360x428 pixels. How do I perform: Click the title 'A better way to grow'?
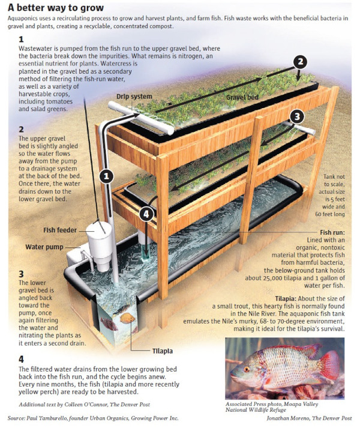click(x=56, y=8)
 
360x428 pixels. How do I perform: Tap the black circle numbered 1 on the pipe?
click(x=106, y=176)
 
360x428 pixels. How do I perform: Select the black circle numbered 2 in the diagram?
click(x=300, y=62)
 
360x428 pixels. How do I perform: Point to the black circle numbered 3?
click(x=297, y=116)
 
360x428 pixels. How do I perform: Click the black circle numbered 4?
click(x=146, y=214)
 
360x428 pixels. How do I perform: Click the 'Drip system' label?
click(x=134, y=97)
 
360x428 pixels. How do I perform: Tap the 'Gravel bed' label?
click(x=242, y=97)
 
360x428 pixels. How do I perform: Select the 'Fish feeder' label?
click(x=60, y=230)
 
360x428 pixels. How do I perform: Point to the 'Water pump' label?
click(x=44, y=247)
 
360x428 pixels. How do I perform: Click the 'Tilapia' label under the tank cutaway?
click(x=163, y=351)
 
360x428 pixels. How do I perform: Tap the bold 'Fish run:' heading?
click(x=332, y=232)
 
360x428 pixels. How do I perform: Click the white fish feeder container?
click(x=100, y=246)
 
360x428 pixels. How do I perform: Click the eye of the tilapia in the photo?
click(x=247, y=370)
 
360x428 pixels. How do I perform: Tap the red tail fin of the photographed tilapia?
click(x=331, y=365)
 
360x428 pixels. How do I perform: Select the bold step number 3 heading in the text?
click(x=21, y=274)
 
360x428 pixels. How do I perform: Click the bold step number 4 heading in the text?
click(x=21, y=359)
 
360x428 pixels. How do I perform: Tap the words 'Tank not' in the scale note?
click(x=334, y=176)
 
